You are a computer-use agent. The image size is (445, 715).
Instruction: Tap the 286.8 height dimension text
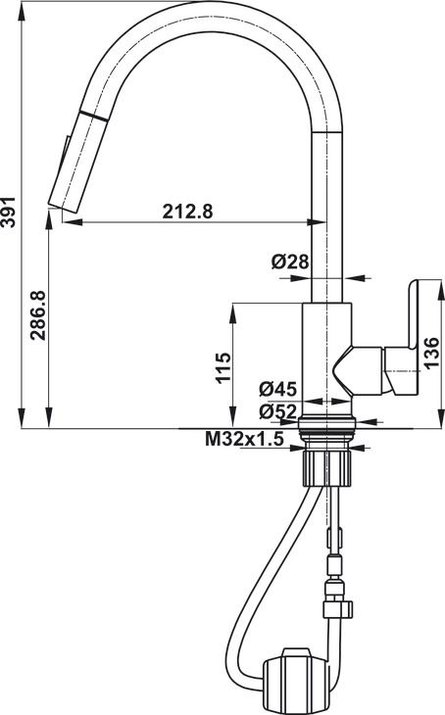[x=38, y=314]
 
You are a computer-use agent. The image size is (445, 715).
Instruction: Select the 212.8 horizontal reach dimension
[x=186, y=210]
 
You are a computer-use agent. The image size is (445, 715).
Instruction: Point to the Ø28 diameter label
[x=290, y=262]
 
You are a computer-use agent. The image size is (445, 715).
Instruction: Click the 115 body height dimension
[x=222, y=366]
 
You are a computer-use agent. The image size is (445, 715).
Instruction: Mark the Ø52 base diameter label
[x=278, y=412]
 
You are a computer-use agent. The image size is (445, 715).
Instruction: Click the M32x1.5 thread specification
[x=244, y=440]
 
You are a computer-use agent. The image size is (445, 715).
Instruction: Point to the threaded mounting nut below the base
[x=327, y=462]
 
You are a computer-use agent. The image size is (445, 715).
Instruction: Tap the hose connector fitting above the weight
[x=336, y=597]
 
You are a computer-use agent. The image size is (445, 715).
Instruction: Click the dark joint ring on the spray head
[x=92, y=116]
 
